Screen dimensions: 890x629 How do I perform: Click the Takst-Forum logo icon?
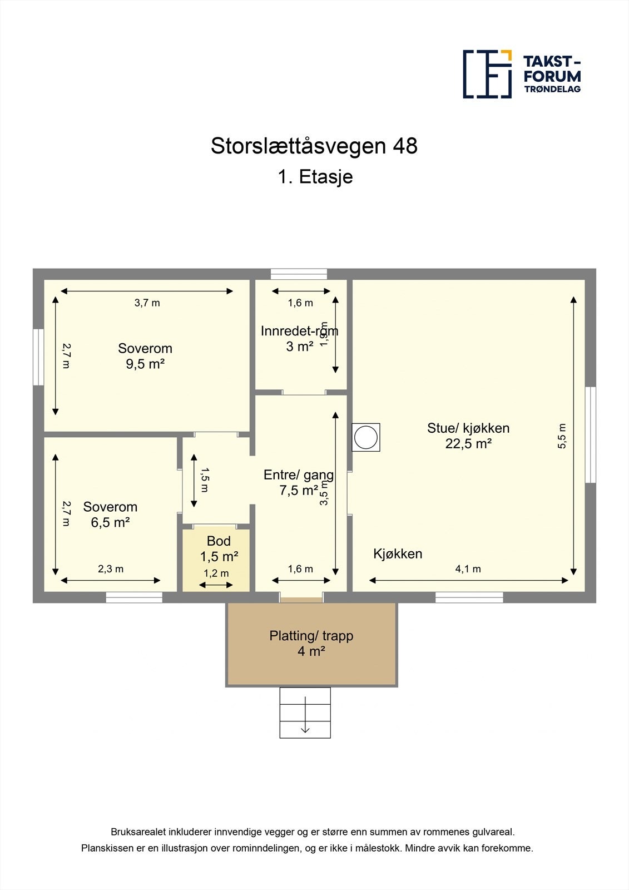[487, 74]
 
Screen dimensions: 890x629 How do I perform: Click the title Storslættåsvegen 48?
[314, 146]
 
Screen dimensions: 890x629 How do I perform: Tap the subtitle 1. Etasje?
[315, 177]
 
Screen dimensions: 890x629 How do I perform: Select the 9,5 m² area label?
[145, 364]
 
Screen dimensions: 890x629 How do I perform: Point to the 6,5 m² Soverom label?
[110, 515]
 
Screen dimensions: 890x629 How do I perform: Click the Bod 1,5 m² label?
[219, 549]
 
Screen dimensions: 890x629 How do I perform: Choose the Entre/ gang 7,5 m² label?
[298, 482]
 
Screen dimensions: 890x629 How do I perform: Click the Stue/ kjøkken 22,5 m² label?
[468, 436]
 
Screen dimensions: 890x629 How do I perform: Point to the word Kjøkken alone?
[397, 554]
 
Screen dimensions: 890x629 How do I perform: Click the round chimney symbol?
[366, 437]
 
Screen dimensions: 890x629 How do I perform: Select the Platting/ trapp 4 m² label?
[311, 643]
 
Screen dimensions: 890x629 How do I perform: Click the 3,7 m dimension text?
[147, 303]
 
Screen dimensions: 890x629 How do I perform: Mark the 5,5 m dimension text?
[562, 436]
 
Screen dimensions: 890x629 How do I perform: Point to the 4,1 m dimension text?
[468, 569]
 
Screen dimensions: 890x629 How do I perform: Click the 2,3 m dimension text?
[111, 569]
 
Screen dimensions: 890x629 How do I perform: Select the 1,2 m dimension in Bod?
[216, 573]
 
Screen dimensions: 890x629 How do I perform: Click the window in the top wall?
[299, 274]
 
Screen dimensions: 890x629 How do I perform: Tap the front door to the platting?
[301, 599]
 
